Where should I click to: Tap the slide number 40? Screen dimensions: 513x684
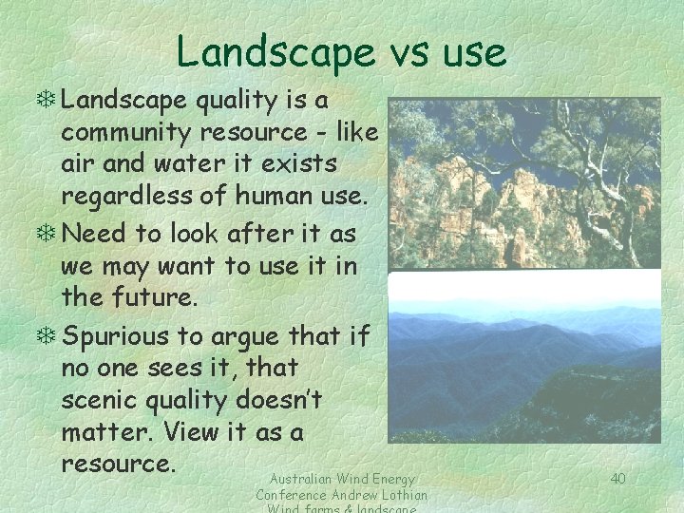pos(617,478)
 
